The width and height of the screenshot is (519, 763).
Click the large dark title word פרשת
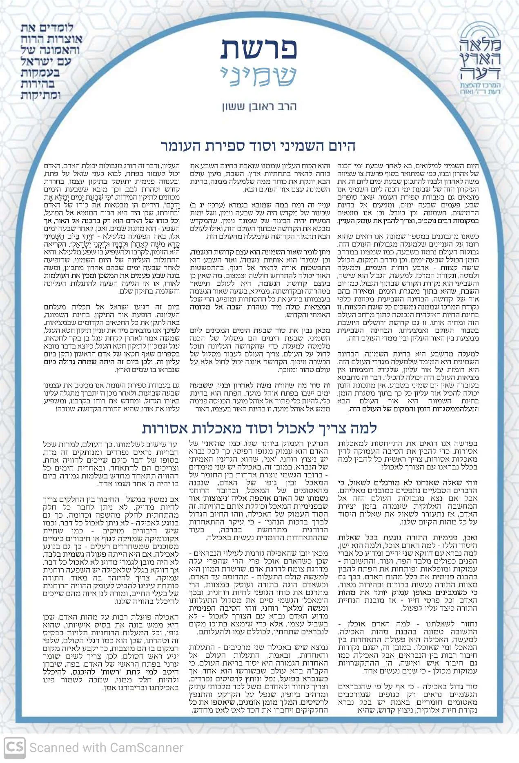click(259, 50)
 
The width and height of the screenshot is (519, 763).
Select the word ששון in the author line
click(234, 107)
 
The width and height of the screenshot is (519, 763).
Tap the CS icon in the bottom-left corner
click(15, 747)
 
